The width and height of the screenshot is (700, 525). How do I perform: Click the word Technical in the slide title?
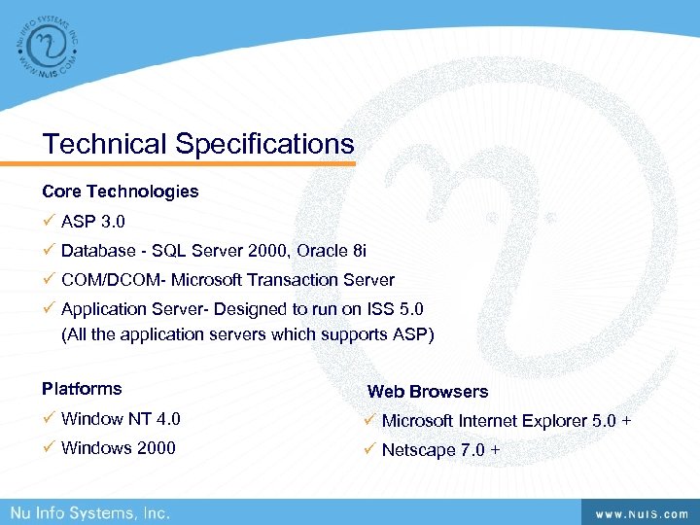point(105,144)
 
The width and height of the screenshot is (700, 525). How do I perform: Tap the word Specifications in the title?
point(264,144)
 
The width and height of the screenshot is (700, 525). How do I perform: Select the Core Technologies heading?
point(120,192)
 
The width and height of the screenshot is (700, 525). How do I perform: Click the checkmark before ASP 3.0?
point(49,222)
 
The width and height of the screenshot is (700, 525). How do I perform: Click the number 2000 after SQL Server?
point(268,251)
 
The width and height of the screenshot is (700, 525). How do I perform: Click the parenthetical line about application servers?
point(247,334)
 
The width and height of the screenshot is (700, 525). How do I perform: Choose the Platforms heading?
point(82,389)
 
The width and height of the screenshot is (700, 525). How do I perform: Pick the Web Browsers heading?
point(428,392)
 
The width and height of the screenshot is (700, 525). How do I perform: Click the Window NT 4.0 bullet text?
point(121,420)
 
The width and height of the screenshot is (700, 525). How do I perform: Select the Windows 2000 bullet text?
point(119,448)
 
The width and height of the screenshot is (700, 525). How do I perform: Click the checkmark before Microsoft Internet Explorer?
point(369,421)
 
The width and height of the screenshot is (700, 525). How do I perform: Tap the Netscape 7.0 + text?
point(440,450)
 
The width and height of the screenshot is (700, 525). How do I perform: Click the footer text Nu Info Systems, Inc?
point(90,512)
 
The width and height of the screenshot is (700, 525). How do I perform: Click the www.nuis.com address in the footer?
point(636,512)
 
